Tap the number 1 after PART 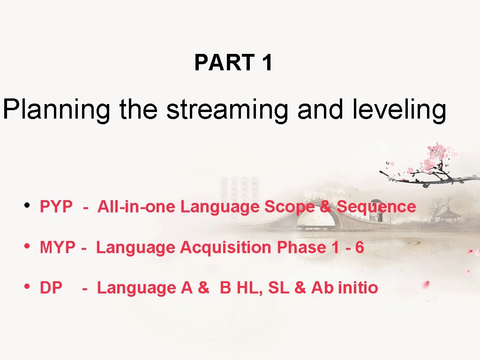pyautogui.click(x=267, y=63)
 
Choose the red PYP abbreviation pyautogui.click(x=56, y=207)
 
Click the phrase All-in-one pyautogui.click(x=137, y=207)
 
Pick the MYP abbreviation pyautogui.click(x=57, y=247)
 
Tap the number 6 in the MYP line pyautogui.click(x=360, y=247)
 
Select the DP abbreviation pyautogui.click(x=51, y=288)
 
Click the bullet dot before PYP pyautogui.click(x=29, y=205)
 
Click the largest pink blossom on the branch pyautogui.click(x=437, y=152)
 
